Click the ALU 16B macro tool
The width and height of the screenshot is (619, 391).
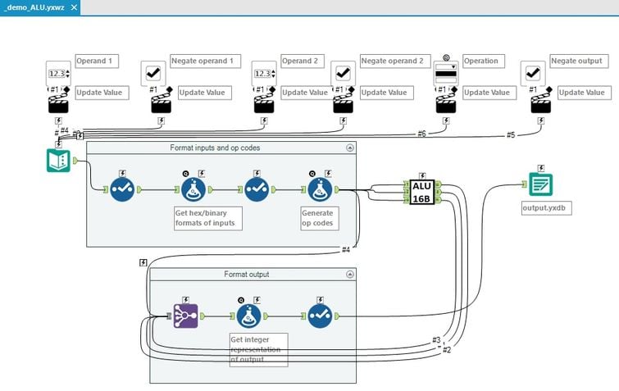[x=422, y=193]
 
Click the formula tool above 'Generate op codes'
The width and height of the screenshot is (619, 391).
[x=319, y=190]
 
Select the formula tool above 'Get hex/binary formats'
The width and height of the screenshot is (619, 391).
[x=192, y=190]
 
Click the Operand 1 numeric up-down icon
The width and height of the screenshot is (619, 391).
[x=59, y=74]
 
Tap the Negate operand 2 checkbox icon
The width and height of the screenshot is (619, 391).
[x=344, y=74]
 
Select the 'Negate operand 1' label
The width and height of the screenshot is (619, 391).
[x=203, y=61]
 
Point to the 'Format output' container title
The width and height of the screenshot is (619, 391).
[x=246, y=274]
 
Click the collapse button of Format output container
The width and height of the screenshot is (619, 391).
[x=350, y=274]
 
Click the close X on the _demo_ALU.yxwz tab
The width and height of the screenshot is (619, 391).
[x=75, y=7]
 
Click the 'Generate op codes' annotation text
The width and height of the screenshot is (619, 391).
[x=319, y=217]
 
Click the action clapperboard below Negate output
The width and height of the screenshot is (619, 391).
[x=541, y=104]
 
